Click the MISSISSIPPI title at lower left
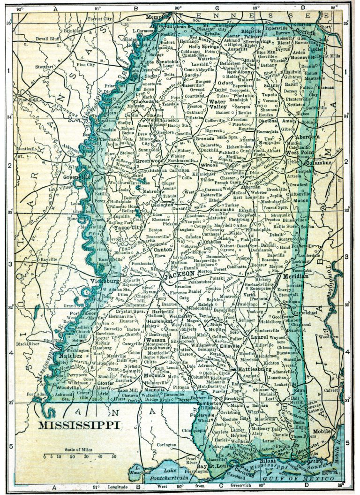click(x=78, y=426)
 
